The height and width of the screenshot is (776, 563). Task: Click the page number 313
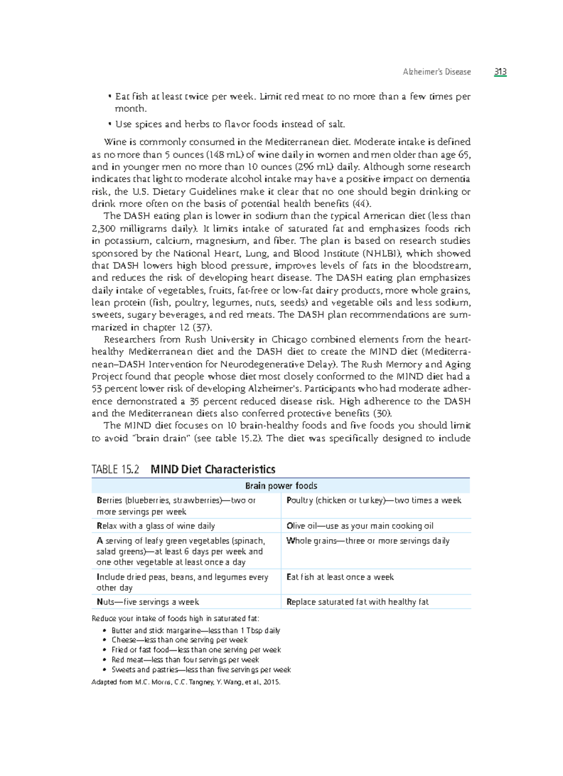click(500, 72)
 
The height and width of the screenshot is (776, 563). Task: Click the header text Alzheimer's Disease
click(436, 72)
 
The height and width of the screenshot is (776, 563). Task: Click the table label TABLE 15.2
click(115, 469)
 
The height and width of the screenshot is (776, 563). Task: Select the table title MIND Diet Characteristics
click(213, 469)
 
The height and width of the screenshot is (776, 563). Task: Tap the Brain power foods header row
click(281, 486)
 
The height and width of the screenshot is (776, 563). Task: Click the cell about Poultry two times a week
click(374, 500)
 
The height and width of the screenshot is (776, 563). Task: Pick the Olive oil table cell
click(360, 526)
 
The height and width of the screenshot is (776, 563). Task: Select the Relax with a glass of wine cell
click(156, 526)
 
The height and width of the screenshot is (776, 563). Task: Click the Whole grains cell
click(368, 541)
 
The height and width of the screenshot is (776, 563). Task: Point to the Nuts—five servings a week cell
click(148, 602)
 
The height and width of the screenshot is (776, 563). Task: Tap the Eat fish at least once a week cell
click(340, 577)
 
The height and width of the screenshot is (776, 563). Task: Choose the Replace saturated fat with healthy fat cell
click(358, 602)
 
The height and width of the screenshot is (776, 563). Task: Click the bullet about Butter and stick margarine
click(195, 631)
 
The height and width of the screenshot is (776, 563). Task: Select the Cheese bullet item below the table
click(179, 640)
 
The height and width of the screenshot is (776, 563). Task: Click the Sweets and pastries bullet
click(201, 670)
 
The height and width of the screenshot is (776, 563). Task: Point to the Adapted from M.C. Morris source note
click(186, 682)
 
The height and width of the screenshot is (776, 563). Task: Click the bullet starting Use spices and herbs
click(230, 124)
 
